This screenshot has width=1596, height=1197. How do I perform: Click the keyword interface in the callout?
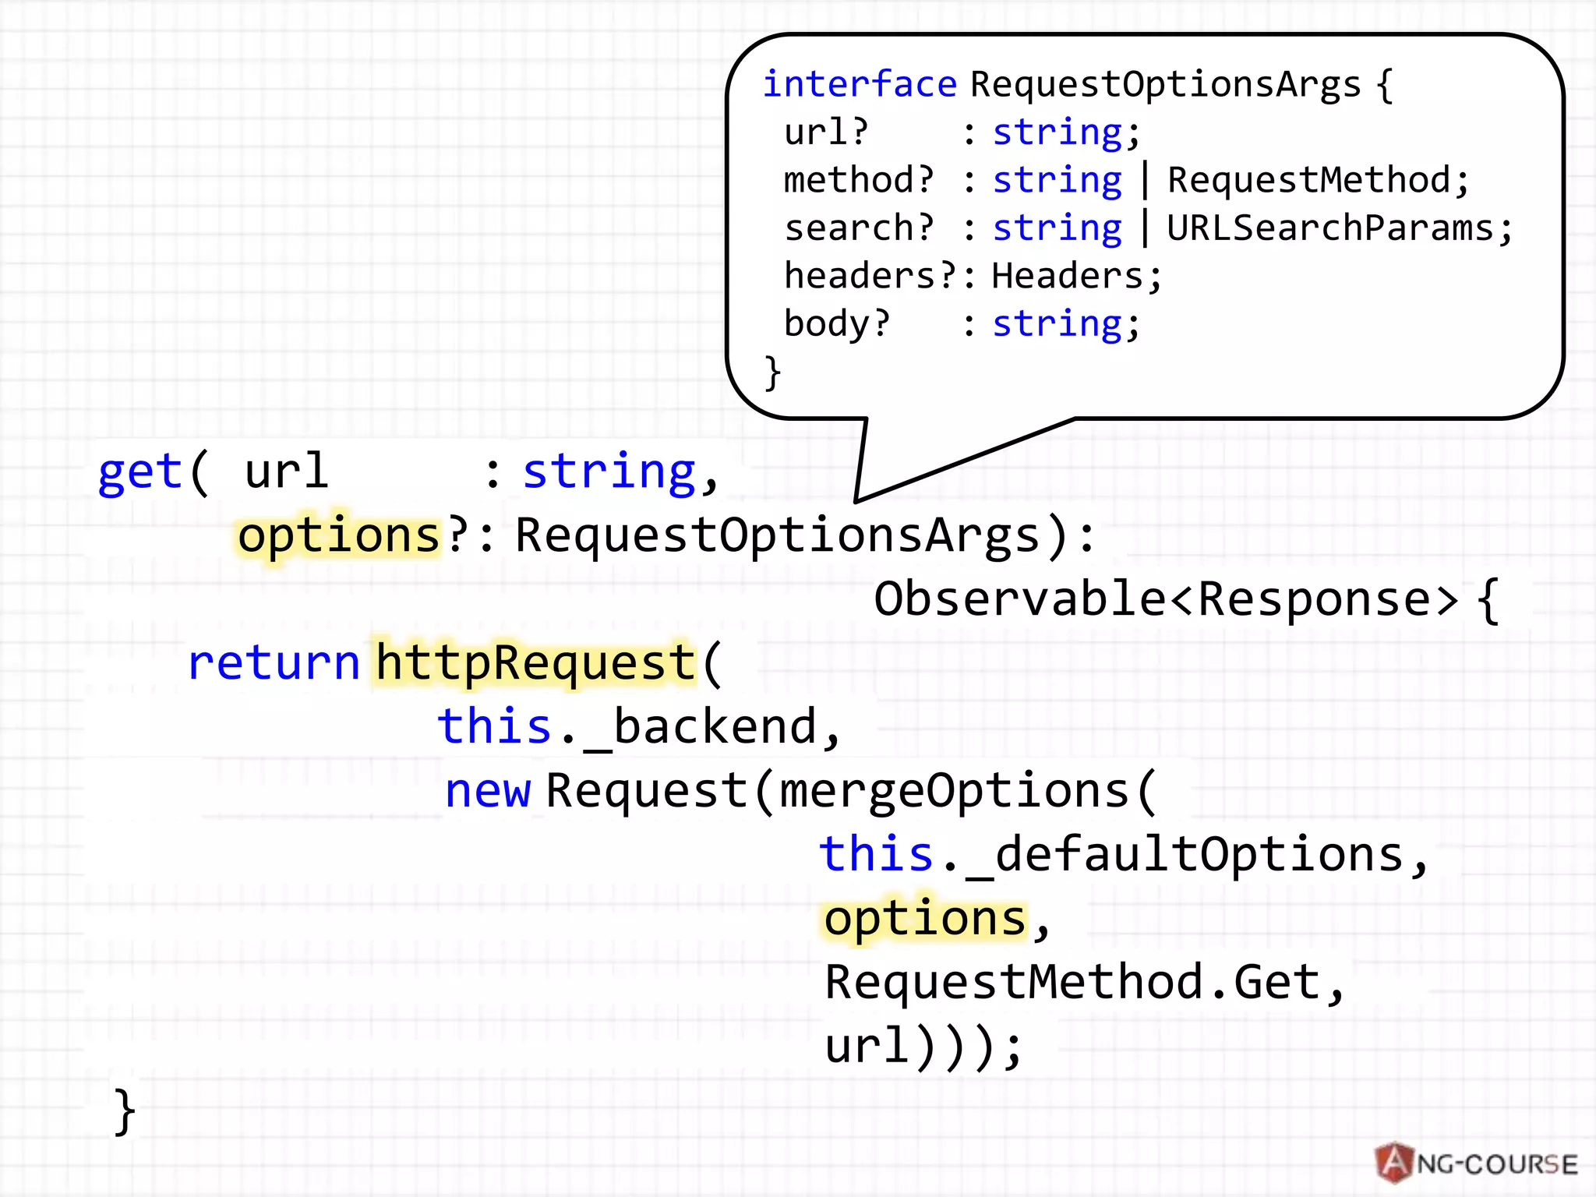pos(859,84)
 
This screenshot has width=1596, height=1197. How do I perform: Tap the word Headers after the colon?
pos(1067,276)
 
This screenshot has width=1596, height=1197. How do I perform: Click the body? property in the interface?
pos(836,323)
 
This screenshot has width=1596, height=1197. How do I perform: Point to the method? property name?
pos(858,180)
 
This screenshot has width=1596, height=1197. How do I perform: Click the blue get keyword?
pos(139,472)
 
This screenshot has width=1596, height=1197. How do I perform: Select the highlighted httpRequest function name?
pos(535,663)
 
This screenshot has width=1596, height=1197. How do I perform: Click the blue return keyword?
pos(274,663)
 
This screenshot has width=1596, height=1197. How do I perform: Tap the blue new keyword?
pos(488,791)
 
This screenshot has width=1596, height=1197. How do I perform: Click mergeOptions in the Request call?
pos(955,791)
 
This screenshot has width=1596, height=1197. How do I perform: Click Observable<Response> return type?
pos(1166,599)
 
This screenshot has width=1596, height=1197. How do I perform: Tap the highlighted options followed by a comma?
pos(925,919)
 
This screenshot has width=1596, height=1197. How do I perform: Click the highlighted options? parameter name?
pos(340,536)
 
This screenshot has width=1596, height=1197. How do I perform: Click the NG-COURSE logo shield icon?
pos(1394,1163)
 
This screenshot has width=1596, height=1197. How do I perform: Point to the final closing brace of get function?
pos(125,1111)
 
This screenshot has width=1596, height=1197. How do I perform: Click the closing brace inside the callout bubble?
pos(772,373)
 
